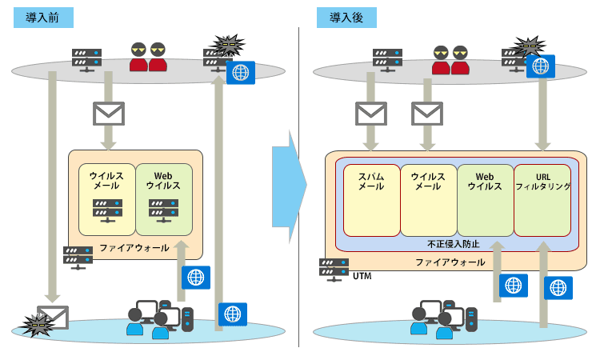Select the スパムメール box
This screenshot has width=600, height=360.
371,200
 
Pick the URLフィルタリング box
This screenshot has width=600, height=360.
542,200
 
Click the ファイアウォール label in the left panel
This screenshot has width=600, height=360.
134,248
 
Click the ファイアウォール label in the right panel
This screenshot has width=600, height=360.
450,262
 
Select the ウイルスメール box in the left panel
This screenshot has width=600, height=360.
107,200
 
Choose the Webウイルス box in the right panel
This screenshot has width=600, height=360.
485,200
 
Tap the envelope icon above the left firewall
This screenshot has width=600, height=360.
109,114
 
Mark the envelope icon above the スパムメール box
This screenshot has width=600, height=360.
371,114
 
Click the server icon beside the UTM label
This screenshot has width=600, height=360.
334,268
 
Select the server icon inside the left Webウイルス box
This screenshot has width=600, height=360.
163,208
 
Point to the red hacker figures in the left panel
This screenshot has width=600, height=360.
148,57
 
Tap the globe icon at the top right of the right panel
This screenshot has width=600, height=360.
541,65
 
